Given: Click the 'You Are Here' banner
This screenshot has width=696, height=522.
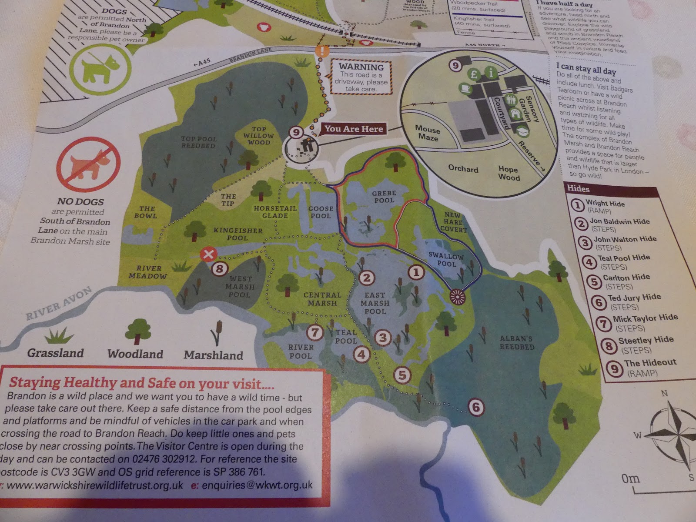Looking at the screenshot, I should click(x=354, y=129).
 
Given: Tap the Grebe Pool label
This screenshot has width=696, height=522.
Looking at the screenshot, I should click(x=384, y=197).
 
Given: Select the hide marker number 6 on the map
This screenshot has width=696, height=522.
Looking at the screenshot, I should click(x=476, y=407).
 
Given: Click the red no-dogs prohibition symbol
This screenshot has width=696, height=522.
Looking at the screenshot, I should click(x=89, y=164).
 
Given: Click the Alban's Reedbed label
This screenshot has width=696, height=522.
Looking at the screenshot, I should click(x=517, y=343).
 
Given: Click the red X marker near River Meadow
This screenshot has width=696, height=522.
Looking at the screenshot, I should click(x=208, y=254).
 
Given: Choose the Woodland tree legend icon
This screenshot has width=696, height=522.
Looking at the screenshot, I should click(x=137, y=331).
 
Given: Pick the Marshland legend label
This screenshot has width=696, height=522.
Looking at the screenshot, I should click(x=213, y=355).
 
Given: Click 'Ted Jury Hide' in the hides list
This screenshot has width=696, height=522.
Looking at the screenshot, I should click(x=634, y=298).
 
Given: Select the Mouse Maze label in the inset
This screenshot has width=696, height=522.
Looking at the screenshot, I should click(x=428, y=133).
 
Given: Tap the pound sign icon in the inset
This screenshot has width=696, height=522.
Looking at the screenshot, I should click(x=474, y=74).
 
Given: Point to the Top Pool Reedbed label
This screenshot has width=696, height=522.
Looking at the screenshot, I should click(x=198, y=142).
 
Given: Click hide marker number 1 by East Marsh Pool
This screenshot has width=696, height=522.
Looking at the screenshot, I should click(x=416, y=272).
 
